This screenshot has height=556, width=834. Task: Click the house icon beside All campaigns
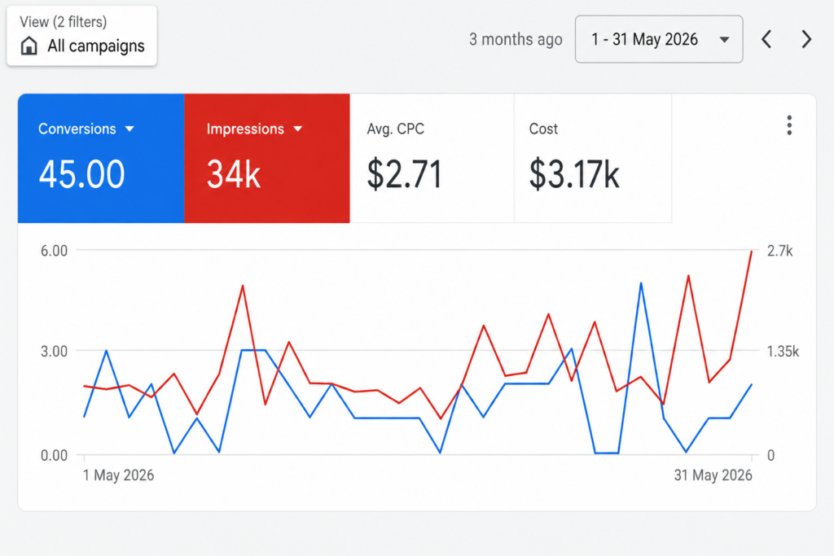[29, 46]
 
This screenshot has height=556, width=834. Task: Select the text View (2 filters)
[64, 22]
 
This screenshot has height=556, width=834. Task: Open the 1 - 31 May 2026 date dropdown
[658, 39]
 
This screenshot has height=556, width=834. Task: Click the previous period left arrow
[766, 39]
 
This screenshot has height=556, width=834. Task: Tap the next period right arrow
[806, 39]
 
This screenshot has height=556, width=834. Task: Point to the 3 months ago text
[516, 39]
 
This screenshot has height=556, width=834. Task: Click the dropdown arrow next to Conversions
[129, 129]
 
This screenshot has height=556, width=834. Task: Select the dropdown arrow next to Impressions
[298, 129]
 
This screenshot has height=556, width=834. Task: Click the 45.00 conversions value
[82, 174]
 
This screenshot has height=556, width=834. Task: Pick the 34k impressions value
[234, 174]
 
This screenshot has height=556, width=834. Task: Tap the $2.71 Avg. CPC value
[404, 174]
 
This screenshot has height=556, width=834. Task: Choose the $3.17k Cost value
[574, 174]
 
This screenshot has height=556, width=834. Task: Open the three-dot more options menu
[789, 125]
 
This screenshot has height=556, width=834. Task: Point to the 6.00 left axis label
[55, 251]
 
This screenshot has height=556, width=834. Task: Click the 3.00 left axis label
[55, 352]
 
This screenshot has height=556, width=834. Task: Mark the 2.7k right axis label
[779, 251]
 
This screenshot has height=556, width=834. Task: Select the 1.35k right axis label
[783, 352]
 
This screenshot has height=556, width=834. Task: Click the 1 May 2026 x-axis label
[119, 475]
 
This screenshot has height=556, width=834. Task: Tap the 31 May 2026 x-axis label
[713, 475]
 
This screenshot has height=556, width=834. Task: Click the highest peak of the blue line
[641, 284]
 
